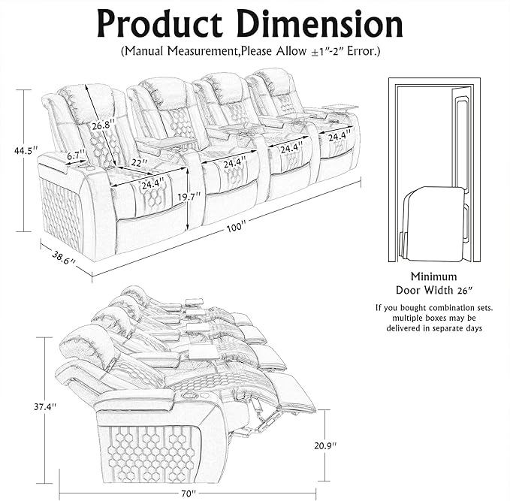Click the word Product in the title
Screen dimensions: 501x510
point(162,25)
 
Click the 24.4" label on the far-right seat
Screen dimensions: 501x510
point(338,136)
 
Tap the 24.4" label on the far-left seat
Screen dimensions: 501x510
point(152,183)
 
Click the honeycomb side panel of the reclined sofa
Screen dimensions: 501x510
point(154,451)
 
